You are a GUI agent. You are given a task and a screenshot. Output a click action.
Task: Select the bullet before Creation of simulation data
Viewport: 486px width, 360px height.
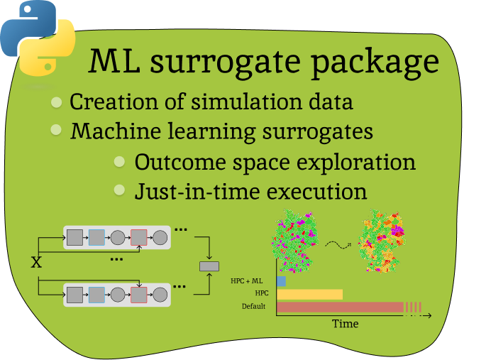[x=57, y=102]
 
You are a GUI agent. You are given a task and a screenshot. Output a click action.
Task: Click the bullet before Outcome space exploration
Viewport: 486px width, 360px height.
[x=120, y=161]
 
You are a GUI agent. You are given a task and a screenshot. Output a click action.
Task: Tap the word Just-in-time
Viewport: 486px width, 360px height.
[x=184, y=192]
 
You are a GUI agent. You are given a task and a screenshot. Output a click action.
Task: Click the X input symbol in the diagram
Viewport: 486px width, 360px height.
[x=36, y=263]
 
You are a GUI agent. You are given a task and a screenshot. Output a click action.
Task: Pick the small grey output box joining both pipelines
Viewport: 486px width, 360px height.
[x=209, y=266]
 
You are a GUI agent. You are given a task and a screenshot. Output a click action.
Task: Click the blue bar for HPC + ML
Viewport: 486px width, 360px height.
[x=281, y=281]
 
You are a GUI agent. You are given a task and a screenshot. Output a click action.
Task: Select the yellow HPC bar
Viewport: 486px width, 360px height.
[x=309, y=294]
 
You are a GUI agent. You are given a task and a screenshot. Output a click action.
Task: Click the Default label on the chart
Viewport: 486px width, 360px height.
[x=253, y=307]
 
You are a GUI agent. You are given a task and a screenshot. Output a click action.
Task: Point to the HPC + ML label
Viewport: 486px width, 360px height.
[x=246, y=281]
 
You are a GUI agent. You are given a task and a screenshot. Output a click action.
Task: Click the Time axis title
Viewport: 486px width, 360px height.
[x=346, y=324]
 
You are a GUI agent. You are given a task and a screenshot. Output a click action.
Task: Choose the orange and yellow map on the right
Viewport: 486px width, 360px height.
[x=382, y=240]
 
